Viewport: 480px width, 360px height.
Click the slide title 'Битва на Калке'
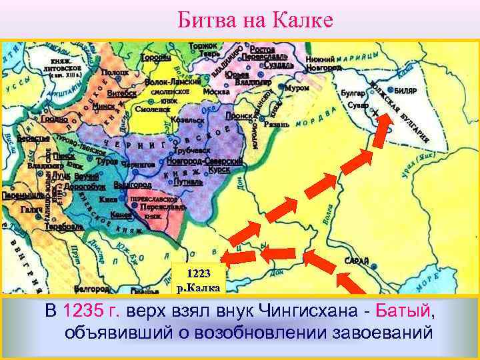pyautogui.click(x=255, y=20)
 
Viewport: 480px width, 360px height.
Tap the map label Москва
pyautogui.click(x=216, y=91)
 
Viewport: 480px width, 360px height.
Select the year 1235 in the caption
pyautogui.click(x=81, y=311)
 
